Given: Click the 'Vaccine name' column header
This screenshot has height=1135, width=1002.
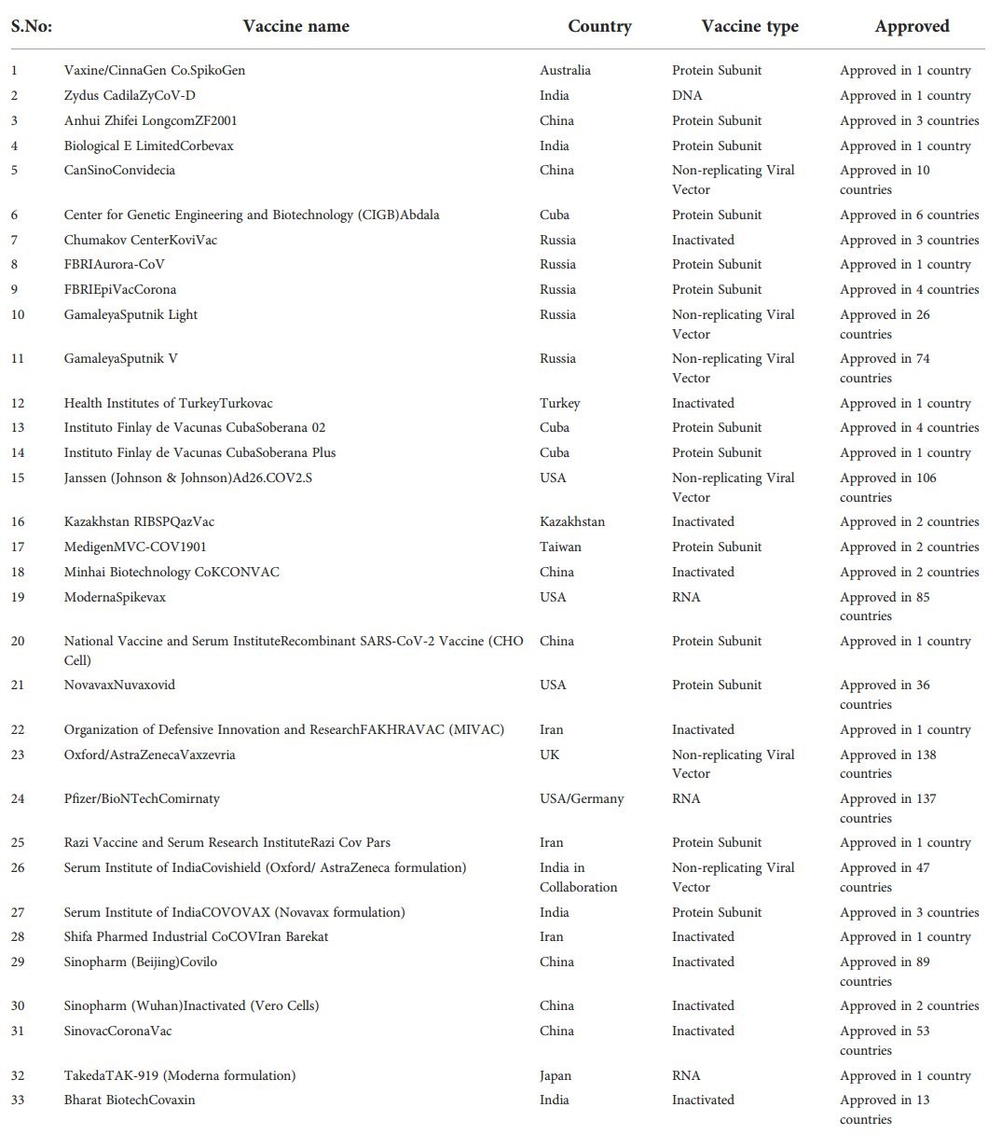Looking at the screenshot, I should click(x=295, y=26).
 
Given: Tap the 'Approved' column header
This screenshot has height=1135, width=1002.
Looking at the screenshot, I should click(x=911, y=26).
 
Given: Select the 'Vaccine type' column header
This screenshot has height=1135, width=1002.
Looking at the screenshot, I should click(x=749, y=26).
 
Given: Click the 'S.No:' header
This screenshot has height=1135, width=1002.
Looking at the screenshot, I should click(x=31, y=26).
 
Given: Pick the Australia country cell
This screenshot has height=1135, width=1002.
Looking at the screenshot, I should click(x=565, y=70).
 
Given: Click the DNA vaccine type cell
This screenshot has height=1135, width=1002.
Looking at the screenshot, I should click(x=687, y=95).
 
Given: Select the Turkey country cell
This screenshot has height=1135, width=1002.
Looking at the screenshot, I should click(x=559, y=403).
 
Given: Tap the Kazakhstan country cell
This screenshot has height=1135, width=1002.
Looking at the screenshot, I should click(x=571, y=521).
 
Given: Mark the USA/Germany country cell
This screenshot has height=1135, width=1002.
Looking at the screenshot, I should click(x=582, y=798).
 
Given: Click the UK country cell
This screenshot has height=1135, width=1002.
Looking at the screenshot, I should click(x=549, y=754).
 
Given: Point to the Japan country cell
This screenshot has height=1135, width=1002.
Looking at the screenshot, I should click(x=556, y=1075).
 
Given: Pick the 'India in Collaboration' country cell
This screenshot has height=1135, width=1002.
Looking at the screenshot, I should click(x=578, y=877).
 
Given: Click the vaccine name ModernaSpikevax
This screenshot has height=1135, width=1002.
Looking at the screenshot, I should click(x=115, y=597).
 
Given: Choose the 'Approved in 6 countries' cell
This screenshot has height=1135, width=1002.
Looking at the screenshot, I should click(x=909, y=215).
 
